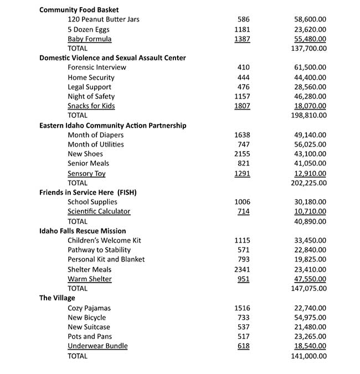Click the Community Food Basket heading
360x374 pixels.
[x=79, y=10]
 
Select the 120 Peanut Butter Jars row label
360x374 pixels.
[x=103, y=19]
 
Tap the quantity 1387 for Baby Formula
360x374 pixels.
[x=242, y=39]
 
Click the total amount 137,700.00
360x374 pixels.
[x=308, y=48]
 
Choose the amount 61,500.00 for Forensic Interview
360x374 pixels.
[x=310, y=67]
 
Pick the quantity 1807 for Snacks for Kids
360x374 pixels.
[x=242, y=106]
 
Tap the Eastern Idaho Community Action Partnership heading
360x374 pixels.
[x=112, y=126]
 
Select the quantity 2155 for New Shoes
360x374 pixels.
[x=242, y=154]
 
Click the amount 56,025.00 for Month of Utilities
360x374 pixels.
[x=310, y=144]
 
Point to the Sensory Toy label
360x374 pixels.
[x=86, y=173]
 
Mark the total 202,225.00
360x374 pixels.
[x=308, y=183]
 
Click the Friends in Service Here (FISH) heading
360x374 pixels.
[x=88, y=193]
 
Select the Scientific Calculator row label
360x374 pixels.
[x=99, y=211]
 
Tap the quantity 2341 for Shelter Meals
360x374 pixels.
[x=242, y=269]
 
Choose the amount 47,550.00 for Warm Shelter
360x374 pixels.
[x=310, y=279]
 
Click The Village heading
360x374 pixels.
[x=57, y=298]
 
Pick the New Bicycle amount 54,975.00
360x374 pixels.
[x=310, y=318]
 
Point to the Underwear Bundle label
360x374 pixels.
[x=97, y=346]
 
